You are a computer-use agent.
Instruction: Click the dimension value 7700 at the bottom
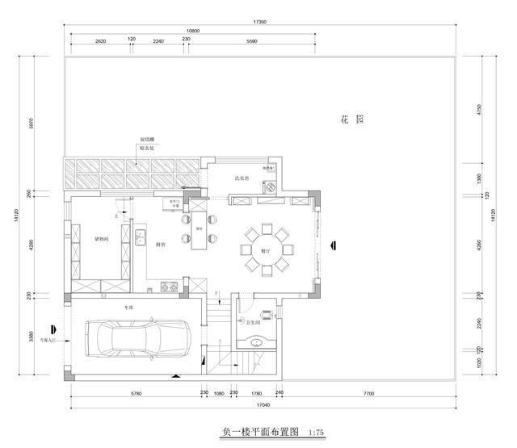[368, 393]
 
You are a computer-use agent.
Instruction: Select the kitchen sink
[140, 237]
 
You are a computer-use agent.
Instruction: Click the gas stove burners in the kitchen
[169, 285]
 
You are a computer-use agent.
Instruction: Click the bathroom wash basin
[258, 341]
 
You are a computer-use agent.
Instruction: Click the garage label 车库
[128, 308]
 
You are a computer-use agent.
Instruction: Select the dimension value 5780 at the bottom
[135, 393]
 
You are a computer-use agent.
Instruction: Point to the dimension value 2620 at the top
[100, 40]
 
